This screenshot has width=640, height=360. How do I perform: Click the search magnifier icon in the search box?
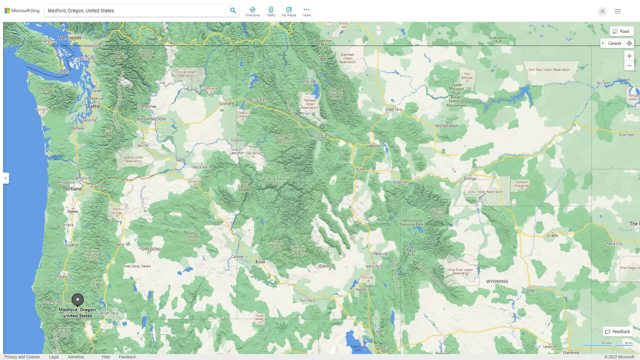click(x=233, y=11)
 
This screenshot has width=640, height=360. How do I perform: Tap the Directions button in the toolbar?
click(x=252, y=12)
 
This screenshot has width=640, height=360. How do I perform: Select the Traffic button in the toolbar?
click(x=271, y=12)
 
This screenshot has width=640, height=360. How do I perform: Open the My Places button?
click(x=289, y=12)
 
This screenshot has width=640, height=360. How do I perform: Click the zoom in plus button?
click(x=629, y=56)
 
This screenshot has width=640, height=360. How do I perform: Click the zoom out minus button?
click(x=629, y=66)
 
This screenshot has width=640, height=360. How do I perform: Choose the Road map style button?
click(x=621, y=31)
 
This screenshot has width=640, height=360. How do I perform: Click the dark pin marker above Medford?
click(x=78, y=299)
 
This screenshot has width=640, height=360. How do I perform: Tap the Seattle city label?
click(x=92, y=106)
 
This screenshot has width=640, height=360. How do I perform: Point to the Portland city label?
click(x=72, y=189)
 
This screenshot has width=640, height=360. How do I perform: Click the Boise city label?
click(x=260, y=262)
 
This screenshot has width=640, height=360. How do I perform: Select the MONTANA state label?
click(x=446, y=126)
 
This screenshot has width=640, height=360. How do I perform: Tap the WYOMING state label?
click(x=497, y=281)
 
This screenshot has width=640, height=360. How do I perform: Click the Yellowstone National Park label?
click(x=411, y=222)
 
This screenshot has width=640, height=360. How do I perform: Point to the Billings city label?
click(x=470, y=179)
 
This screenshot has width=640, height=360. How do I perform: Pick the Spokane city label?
click(x=226, y=103)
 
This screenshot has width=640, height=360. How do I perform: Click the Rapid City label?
click(x=614, y=244)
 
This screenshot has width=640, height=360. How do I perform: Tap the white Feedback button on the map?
click(x=617, y=332)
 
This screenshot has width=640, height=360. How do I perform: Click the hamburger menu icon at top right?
click(x=617, y=11)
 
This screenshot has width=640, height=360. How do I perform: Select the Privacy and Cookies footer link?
click(x=22, y=357)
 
